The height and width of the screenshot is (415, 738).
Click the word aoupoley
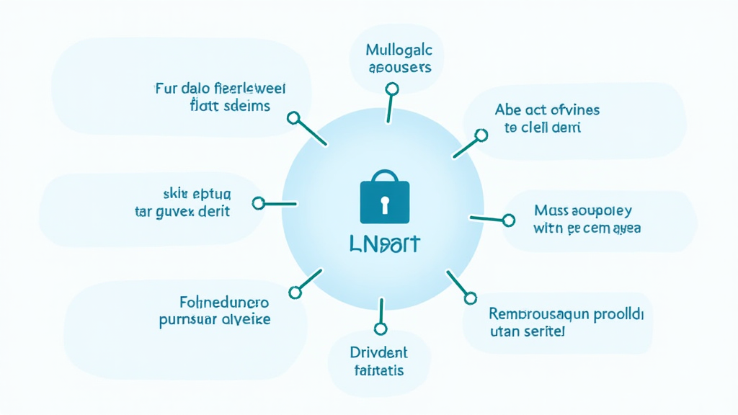coord(600,210)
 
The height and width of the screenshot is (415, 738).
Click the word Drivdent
coord(378,353)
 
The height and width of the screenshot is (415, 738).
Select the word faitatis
coord(378,371)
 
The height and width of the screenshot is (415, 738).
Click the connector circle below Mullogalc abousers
coord(392,89)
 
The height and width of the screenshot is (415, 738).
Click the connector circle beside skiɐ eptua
coord(259,204)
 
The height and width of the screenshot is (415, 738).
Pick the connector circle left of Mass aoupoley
coord(509,220)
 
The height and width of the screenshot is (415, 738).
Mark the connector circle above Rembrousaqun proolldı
coord(471,296)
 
